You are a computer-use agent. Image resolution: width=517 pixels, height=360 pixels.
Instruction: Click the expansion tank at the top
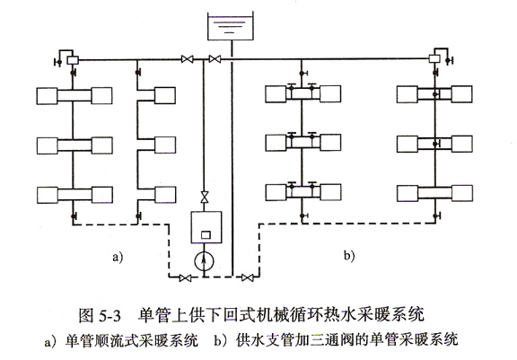click(231, 26)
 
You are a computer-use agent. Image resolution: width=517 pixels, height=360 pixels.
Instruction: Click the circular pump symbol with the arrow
click(204, 262)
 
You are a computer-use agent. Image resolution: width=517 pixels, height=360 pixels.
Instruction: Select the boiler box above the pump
click(206, 227)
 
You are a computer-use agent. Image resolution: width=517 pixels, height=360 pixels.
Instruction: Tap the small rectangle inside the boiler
click(206, 234)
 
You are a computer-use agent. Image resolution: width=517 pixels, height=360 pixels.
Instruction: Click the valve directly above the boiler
click(204, 197)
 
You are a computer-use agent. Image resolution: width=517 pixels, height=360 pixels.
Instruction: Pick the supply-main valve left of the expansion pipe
click(188, 59)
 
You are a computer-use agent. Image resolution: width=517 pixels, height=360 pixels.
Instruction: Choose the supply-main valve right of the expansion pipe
click(215, 59)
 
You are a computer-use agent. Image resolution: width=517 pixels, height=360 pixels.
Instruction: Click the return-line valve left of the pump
click(185, 278)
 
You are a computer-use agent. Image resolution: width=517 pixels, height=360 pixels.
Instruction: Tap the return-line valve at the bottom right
click(248, 277)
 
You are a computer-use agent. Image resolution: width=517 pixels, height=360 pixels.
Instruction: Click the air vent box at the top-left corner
click(73, 60)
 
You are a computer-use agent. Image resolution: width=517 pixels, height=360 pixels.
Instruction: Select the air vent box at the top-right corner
click(434, 59)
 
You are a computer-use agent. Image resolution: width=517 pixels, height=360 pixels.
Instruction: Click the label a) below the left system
click(118, 257)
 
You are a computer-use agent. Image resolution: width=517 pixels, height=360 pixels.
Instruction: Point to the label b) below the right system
click(349, 256)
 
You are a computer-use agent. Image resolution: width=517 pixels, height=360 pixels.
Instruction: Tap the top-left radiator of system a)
click(47, 96)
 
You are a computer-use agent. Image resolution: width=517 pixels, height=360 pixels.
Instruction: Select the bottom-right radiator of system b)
click(462, 193)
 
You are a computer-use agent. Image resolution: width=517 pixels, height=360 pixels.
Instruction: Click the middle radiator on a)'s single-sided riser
click(165, 145)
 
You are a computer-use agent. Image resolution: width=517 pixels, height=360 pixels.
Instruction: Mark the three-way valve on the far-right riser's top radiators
click(435, 94)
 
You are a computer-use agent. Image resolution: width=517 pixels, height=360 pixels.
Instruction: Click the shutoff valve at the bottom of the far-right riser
click(437, 216)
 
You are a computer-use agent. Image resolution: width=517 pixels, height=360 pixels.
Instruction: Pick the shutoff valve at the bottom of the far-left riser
click(74, 216)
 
